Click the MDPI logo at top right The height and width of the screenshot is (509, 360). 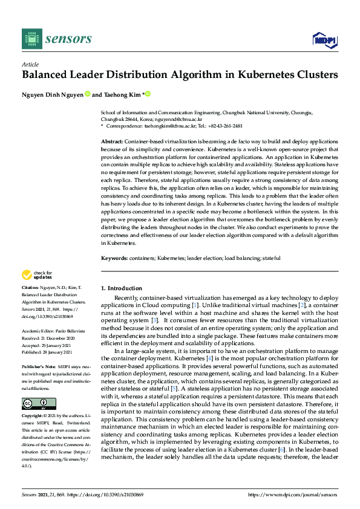click(x=324, y=40)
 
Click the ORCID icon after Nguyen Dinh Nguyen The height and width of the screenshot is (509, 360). click(x=88, y=94)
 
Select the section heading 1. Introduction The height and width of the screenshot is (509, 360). click(x=121, y=288)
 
